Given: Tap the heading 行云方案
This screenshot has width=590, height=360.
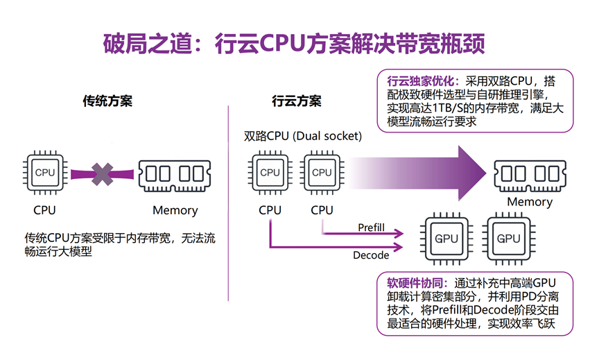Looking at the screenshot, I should (x=297, y=101).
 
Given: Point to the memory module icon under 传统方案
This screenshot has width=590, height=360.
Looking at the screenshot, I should (x=175, y=175).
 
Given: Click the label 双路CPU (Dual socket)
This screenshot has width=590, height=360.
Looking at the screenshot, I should (x=303, y=137).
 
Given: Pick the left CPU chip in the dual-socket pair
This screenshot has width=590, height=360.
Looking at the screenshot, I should (x=270, y=173).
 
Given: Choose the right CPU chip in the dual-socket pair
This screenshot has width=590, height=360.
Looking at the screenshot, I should (x=322, y=173).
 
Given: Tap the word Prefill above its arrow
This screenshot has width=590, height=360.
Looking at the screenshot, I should (x=371, y=228).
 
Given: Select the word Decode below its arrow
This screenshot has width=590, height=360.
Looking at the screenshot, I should (x=371, y=255).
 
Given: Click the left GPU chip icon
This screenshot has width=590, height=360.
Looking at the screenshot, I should (x=446, y=239).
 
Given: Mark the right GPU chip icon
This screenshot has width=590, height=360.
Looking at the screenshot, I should (x=508, y=239).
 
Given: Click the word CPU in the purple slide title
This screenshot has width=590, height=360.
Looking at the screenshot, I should (x=281, y=43).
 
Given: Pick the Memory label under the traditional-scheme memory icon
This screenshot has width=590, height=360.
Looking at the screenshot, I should (x=175, y=210).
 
